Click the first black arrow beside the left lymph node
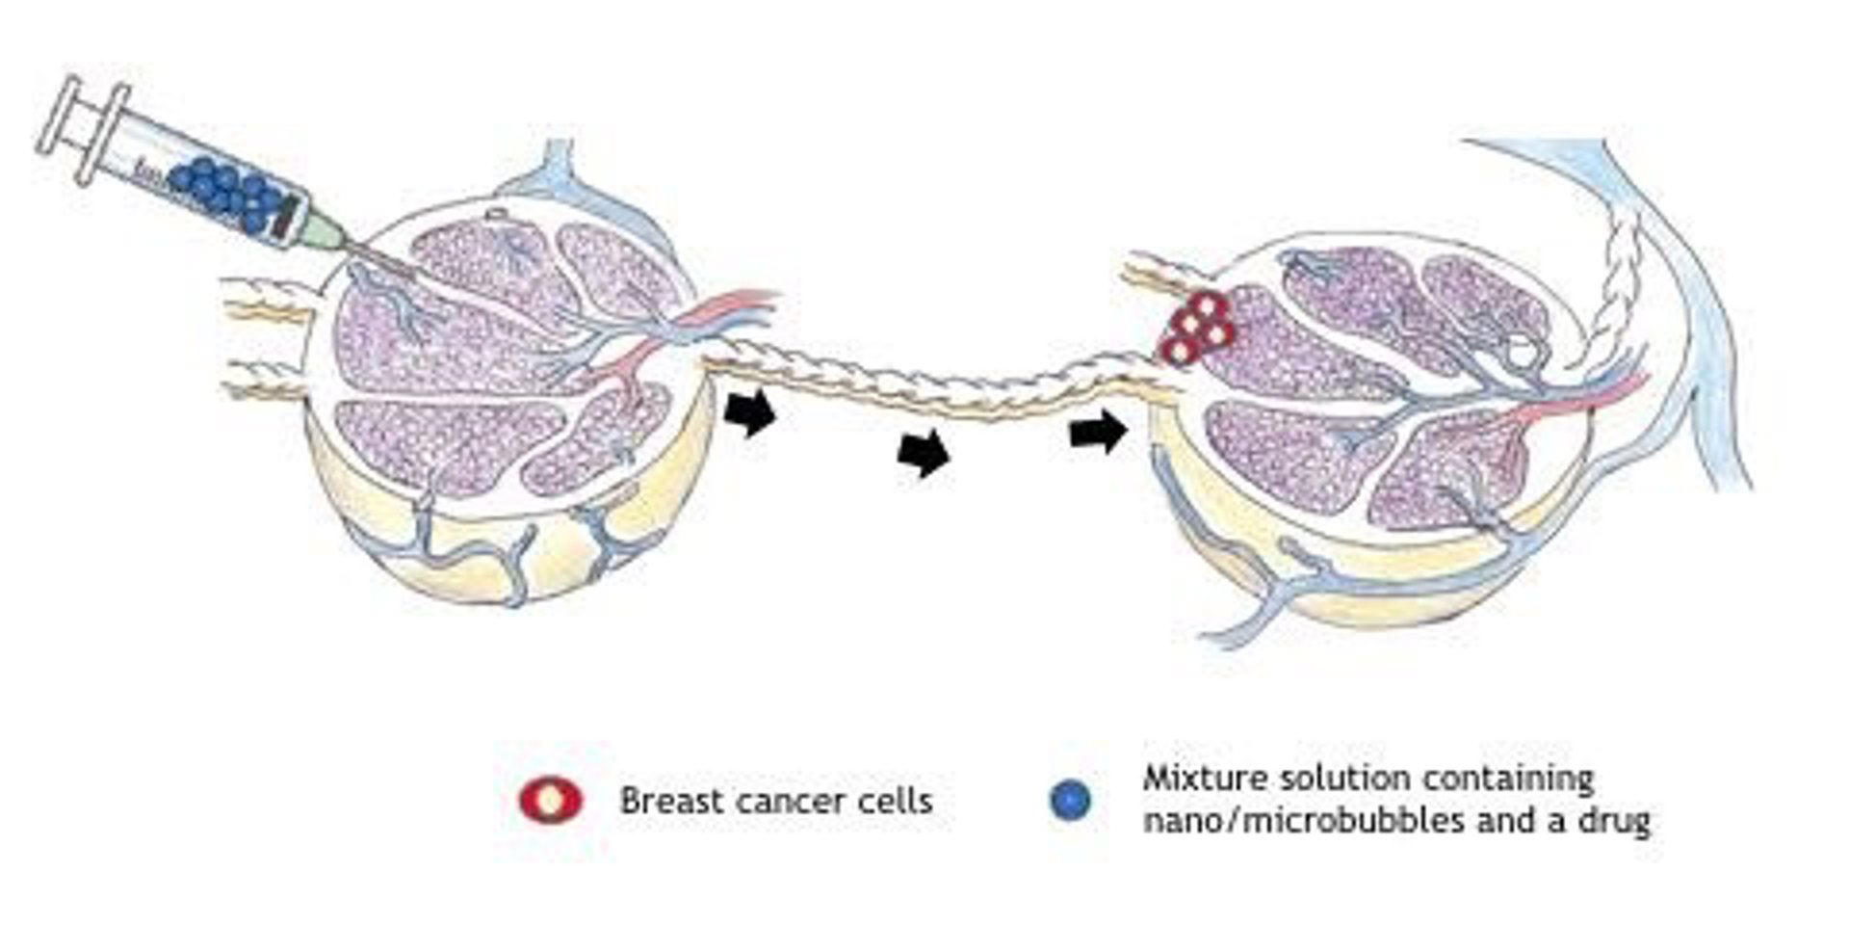click(x=750, y=412)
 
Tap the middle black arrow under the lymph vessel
click(x=924, y=452)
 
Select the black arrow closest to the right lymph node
click(x=1098, y=431)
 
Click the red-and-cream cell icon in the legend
click(x=550, y=801)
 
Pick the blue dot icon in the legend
click(x=1071, y=801)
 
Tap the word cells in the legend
click(x=898, y=801)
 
